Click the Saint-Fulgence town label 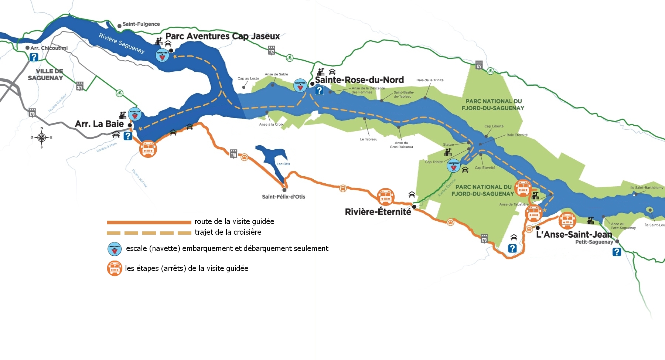pos(141,24)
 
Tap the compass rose pos(42,138)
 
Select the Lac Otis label pos(283,164)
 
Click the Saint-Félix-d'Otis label pos(283,197)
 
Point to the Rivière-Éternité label pos(378,212)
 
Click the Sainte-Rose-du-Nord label pos(359,80)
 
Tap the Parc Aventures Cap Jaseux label pos(222,36)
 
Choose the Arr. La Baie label pos(99,124)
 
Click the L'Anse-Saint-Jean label pos(574,234)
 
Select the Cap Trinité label pos(434,162)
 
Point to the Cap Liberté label pos(494,126)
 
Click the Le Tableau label pos(368,139)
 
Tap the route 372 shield pos(80,86)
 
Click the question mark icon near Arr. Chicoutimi pos(34,57)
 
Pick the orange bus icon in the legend pos(115,268)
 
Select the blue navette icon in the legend pos(115,249)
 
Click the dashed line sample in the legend pos(149,233)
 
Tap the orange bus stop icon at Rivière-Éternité pos(385,196)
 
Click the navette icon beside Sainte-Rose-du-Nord pos(300,85)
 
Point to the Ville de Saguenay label pos(45,74)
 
